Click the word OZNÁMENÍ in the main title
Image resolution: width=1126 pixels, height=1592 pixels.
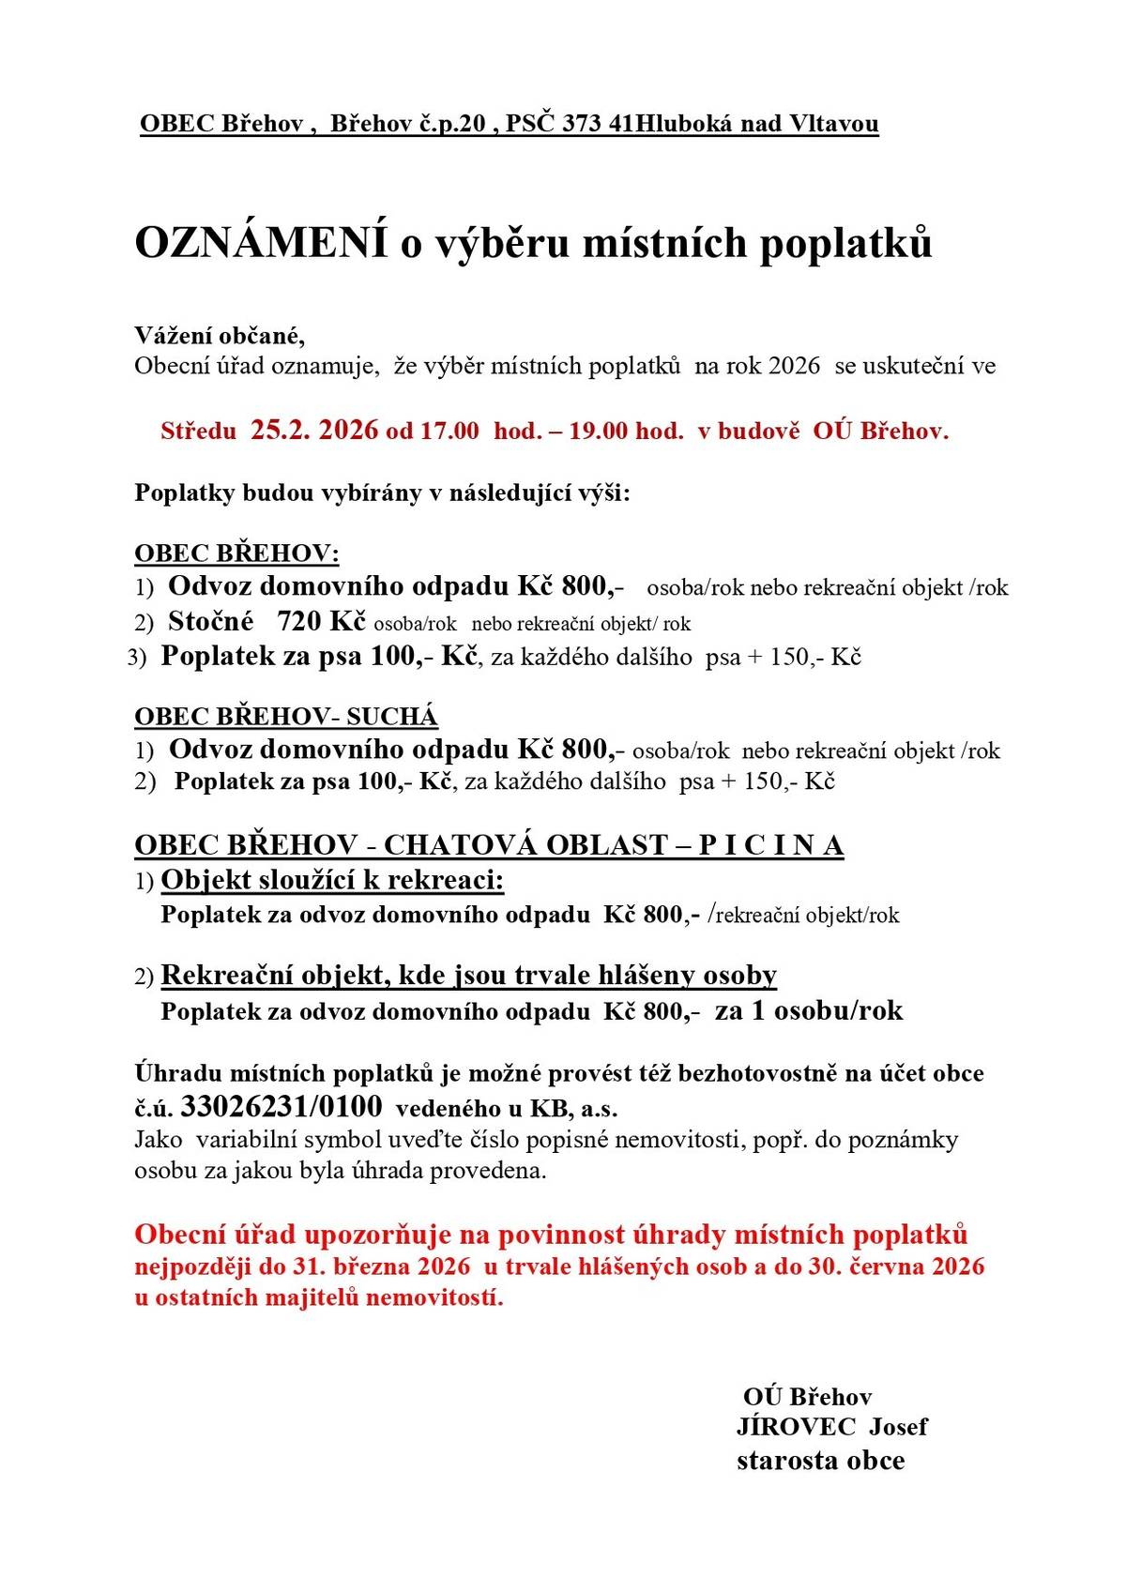[x=262, y=243]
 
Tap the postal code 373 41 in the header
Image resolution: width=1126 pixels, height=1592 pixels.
[x=598, y=124]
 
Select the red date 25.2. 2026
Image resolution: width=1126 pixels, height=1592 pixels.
[x=314, y=431]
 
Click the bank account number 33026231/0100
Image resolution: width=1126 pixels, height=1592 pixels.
[x=281, y=1107]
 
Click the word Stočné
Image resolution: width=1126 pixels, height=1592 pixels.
[x=211, y=621]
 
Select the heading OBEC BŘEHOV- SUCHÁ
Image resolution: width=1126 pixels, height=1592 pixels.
[x=286, y=717]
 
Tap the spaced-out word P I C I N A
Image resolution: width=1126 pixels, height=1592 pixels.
[x=771, y=845]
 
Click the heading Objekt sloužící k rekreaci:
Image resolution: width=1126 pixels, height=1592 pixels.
[x=333, y=880]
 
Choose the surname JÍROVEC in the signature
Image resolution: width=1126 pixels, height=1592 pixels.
[x=796, y=1427]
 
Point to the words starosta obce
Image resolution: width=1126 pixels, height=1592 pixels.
[x=820, y=1461]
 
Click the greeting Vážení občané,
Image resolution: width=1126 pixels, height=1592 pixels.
[x=220, y=335]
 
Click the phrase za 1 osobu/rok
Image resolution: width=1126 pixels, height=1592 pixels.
[x=809, y=1010]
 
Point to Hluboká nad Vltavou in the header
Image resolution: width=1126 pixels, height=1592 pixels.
[x=756, y=124]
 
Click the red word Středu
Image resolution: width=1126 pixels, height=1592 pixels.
[x=199, y=432]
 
